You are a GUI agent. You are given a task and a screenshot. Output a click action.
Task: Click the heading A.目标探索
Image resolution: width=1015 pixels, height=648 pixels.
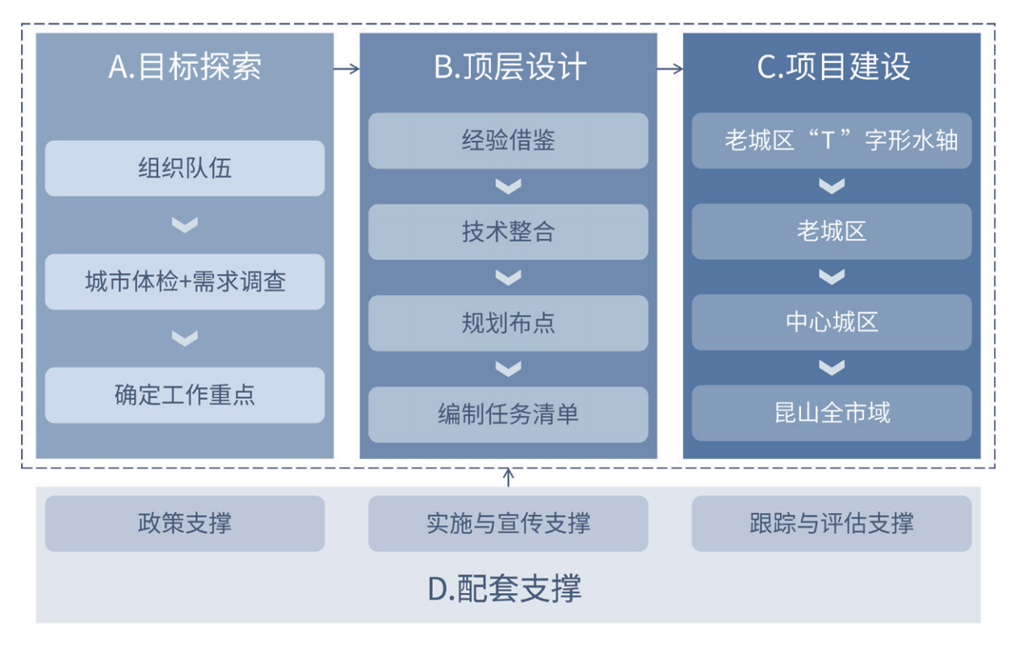pos(184,67)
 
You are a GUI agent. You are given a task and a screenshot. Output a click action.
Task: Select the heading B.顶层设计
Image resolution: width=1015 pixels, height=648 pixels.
pos(510,67)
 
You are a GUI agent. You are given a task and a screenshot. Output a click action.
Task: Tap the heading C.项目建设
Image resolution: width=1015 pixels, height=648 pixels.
pos(833,67)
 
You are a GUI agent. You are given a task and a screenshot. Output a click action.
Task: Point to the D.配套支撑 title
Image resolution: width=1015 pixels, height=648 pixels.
pos(505,588)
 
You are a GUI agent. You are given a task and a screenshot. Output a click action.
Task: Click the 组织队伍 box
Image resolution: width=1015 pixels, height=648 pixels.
pos(185,168)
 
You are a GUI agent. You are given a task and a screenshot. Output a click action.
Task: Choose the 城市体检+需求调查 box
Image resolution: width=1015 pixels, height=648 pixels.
pos(185,282)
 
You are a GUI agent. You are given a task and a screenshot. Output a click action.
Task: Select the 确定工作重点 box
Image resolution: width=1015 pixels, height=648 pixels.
pos(185,395)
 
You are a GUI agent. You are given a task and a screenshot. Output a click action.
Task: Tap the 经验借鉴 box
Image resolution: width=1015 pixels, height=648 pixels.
pos(508,141)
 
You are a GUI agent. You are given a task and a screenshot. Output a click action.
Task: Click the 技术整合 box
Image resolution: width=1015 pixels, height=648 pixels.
pos(508,232)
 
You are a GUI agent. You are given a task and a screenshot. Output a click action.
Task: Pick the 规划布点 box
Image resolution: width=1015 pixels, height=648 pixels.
pos(508,323)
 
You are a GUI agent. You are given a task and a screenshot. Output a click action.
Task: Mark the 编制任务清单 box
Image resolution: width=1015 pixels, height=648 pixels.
pos(508,414)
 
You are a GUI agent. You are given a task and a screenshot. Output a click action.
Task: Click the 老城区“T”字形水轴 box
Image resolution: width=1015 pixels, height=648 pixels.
pos(832,141)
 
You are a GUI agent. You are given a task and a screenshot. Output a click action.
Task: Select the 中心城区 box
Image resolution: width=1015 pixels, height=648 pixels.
pos(832,322)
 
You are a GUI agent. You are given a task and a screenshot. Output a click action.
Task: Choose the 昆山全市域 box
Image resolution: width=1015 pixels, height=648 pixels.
pos(832,413)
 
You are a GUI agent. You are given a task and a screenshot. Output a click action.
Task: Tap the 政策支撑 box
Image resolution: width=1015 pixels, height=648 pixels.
pos(185,524)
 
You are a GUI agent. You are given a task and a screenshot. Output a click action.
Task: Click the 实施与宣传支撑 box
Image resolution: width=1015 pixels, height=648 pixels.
pos(508,524)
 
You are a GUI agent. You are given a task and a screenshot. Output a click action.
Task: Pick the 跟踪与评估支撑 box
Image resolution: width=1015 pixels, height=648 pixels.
pos(832,524)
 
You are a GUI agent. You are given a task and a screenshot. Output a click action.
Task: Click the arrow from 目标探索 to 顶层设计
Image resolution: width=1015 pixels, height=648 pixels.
pos(346,69)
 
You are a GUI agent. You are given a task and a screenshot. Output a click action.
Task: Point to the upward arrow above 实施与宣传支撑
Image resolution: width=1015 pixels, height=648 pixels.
pos(509,478)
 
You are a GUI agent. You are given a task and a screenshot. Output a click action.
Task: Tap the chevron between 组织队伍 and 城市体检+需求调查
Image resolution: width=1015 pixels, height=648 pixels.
pos(185,225)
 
